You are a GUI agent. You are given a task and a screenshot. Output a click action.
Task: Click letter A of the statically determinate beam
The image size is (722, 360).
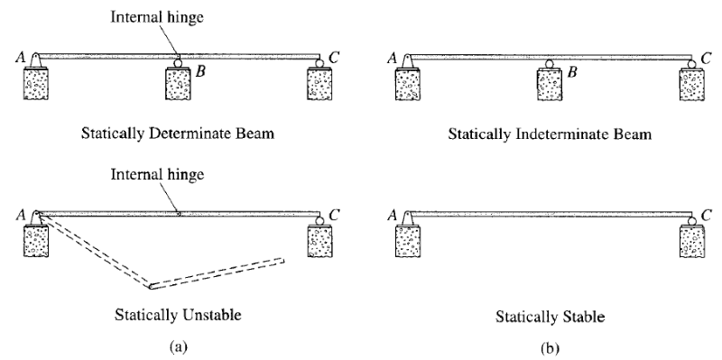click(20, 56)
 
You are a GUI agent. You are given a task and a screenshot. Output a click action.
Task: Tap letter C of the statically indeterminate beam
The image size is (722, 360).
click(706, 56)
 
